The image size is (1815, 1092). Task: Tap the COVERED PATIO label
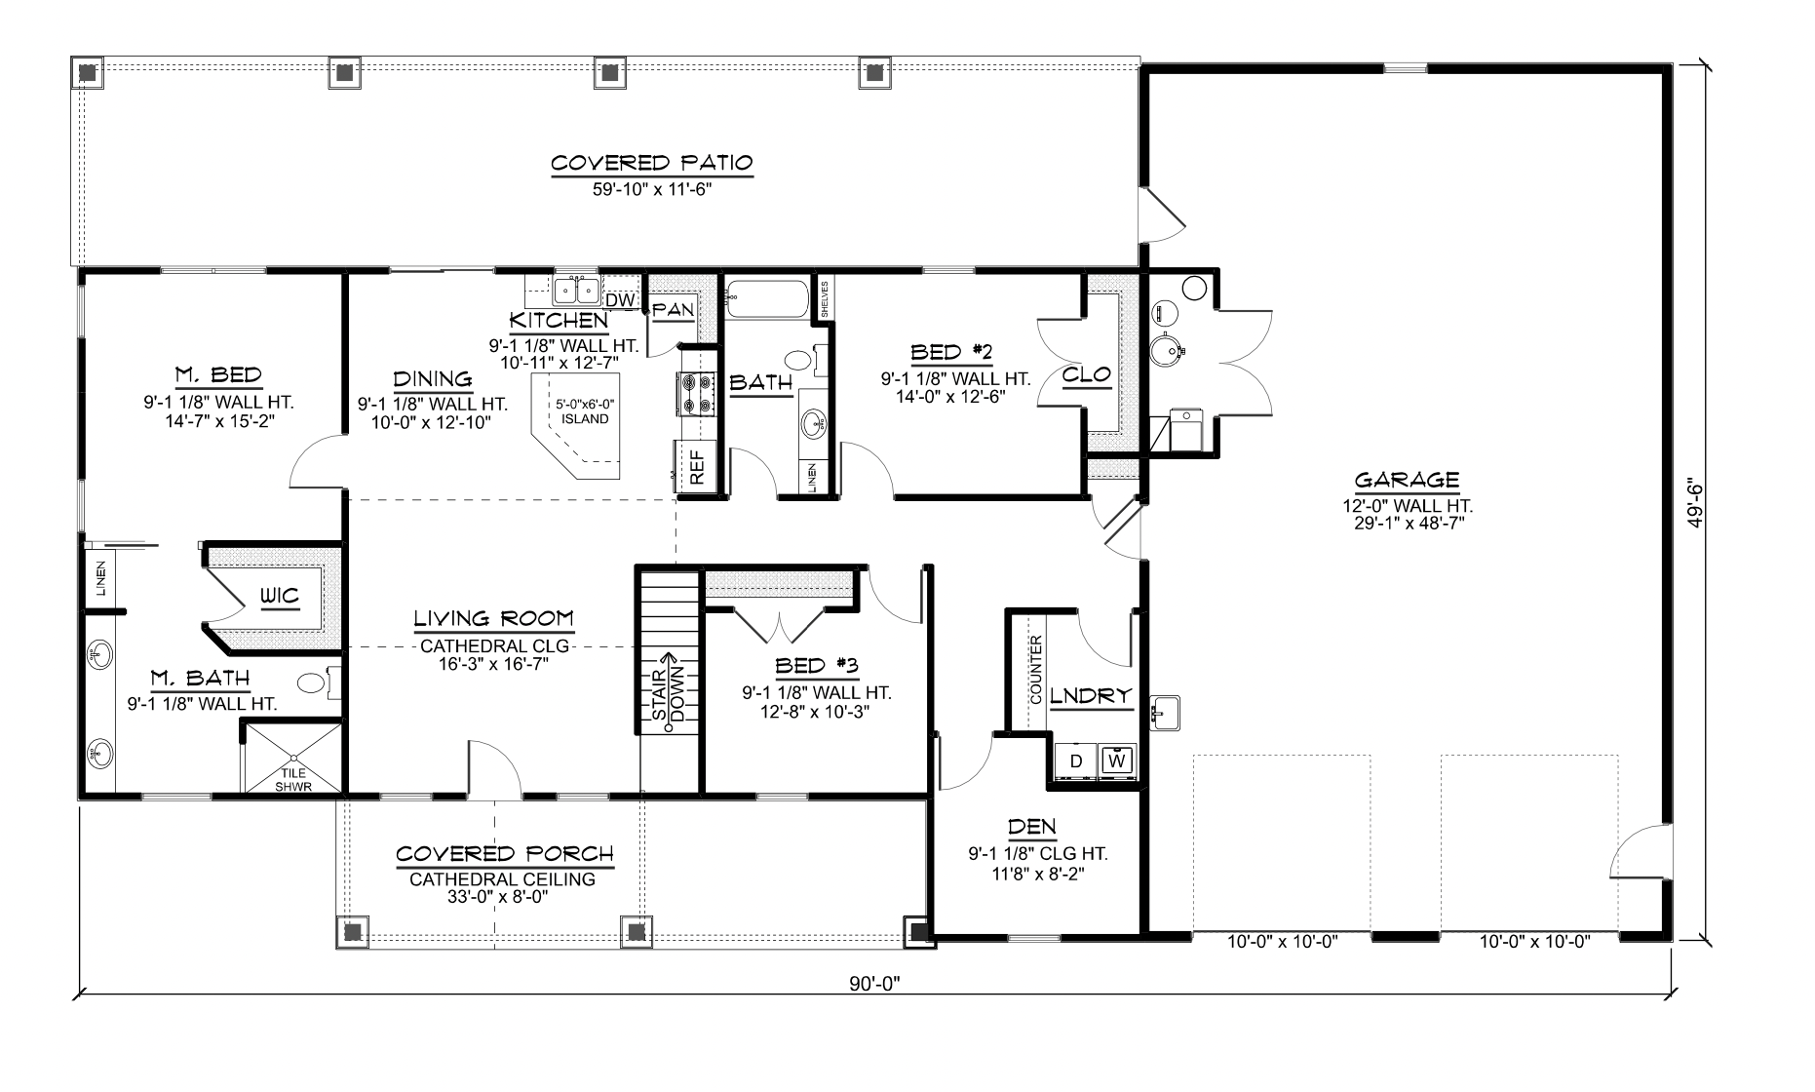(651, 163)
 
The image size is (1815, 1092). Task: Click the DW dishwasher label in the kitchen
(621, 300)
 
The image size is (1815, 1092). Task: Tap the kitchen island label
(585, 412)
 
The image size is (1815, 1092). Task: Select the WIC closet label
(278, 596)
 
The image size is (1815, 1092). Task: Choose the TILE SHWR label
(293, 779)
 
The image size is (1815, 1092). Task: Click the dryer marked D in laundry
(1076, 760)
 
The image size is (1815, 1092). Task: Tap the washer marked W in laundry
(1117, 760)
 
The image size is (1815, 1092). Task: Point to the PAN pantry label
(673, 310)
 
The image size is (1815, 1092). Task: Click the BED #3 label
(816, 667)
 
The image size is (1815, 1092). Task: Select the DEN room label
(1032, 828)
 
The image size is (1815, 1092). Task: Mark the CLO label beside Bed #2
(1086, 375)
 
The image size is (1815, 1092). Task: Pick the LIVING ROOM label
(493, 619)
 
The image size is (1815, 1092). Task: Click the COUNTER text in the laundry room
(1035, 670)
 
